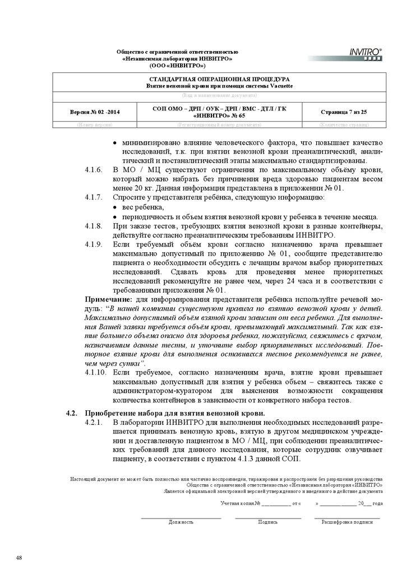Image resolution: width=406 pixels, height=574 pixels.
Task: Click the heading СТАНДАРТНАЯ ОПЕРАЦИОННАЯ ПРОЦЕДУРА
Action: coord(218,80)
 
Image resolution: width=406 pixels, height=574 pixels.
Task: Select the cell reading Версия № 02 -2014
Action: coord(94,113)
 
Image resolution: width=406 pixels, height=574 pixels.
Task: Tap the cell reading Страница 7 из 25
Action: coord(344,113)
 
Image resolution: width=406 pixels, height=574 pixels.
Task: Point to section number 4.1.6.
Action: coord(93,170)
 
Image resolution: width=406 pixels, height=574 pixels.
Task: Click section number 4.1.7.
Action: coord(93,198)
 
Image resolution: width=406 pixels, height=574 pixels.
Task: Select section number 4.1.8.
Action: coord(93,226)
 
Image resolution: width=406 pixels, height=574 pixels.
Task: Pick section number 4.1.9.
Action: coord(93,245)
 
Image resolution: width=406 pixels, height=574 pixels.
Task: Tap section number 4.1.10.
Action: coord(95,372)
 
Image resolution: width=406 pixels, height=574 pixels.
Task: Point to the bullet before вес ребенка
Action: coord(116,208)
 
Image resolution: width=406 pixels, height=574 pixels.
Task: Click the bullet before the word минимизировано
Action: coord(116,142)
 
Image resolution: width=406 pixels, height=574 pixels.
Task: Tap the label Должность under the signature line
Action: coord(181,522)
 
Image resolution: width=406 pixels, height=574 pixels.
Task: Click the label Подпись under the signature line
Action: coord(267,522)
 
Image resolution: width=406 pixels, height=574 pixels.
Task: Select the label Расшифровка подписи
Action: coord(347,522)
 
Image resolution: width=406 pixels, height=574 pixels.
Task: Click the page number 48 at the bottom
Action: coord(20,558)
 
